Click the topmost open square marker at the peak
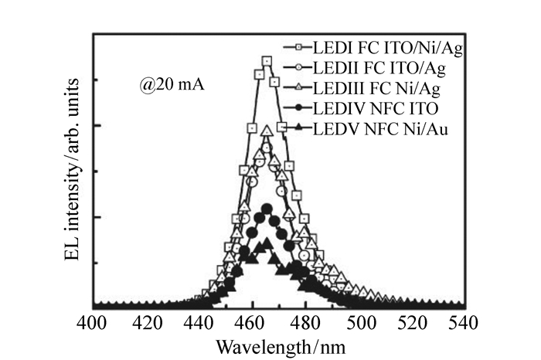point(267,61)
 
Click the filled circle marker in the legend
point(295,109)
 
